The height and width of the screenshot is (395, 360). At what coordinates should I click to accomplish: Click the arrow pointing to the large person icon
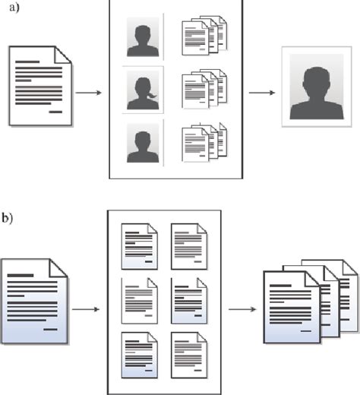[x=261, y=94]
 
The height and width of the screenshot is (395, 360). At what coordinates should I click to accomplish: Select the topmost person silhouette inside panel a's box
[x=143, y=39]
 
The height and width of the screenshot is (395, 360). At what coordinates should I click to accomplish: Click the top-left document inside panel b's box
[x=140, y=244]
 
